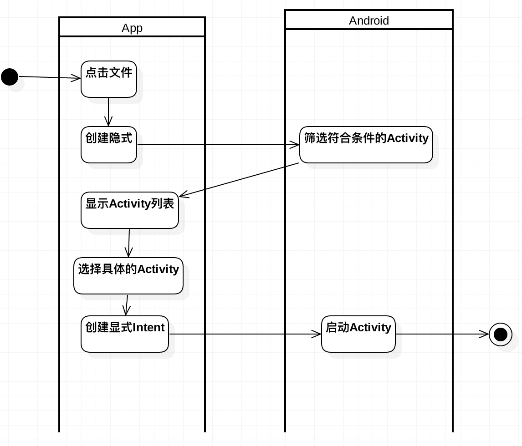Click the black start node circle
(x=10, y=76)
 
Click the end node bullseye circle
(x=500, y=334)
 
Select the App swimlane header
(x=132, y=28)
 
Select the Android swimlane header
(x=368, y=20)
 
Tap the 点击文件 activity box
(x=109, y=79)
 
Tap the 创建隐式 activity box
(x=109, y=145)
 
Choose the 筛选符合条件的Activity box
(x=366, y=145)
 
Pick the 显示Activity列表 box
(x=130, y=210)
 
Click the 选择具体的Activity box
(x=128, y=276)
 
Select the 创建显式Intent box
(x=125, y=334)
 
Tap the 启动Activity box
(x=358, y=334)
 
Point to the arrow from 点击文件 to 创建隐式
(x=108, y=111)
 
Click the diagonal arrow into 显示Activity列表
(x=239, y=180)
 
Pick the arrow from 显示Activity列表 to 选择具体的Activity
(x=129, y=243)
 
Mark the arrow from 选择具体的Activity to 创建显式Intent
(x=127, y=305)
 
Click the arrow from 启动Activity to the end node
(x=442, y=334)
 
